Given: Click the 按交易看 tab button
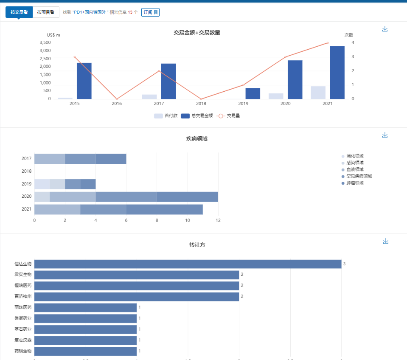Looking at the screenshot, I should pos(19,12).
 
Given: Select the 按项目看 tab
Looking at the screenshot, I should pos(45,12).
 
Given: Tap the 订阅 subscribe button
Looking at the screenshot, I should pos(150,12).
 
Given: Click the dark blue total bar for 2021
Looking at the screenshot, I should pos(337,72).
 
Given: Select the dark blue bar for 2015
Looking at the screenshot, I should pos(84,81).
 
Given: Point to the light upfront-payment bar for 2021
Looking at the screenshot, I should pos(318,93).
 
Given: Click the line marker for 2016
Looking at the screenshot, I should pos(117,99).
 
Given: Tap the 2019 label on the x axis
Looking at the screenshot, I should pos(243,104).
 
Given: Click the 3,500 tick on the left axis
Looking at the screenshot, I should pos(45,42).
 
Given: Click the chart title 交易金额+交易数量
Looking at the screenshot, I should pos(196,33).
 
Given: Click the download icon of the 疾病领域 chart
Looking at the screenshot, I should pos(385,135).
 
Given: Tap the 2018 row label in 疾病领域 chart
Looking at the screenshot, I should pos(26,171).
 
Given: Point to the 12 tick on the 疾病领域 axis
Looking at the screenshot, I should pos(218,220).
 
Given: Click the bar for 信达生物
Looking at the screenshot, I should pos(188,264).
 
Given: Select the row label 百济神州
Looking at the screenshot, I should pos(23,296).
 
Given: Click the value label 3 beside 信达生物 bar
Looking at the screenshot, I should pos(344,264).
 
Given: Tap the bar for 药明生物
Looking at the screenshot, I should pos(85,351).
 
